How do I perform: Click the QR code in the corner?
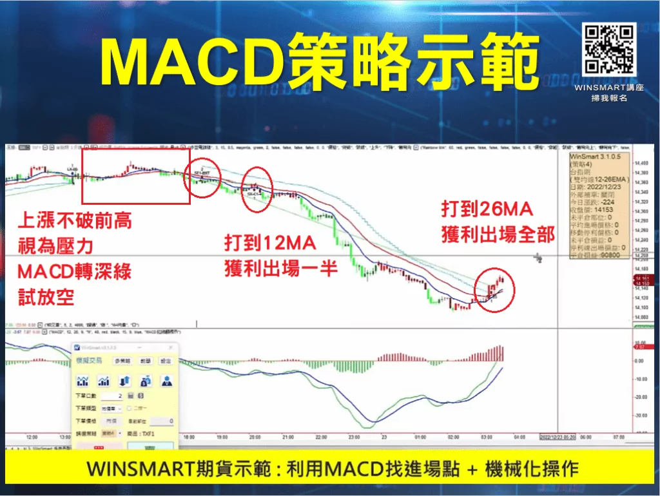609,50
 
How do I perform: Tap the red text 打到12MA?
269,243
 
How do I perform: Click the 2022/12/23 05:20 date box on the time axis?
558,437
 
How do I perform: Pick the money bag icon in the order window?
146,381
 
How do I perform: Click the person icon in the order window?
167,381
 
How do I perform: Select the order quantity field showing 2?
112,395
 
